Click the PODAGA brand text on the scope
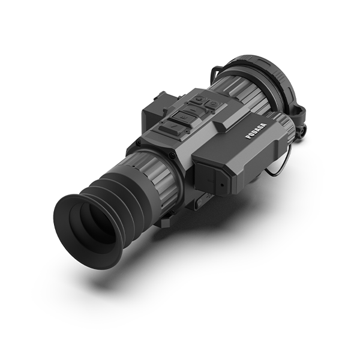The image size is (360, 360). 256,131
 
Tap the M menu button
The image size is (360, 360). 183,117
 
